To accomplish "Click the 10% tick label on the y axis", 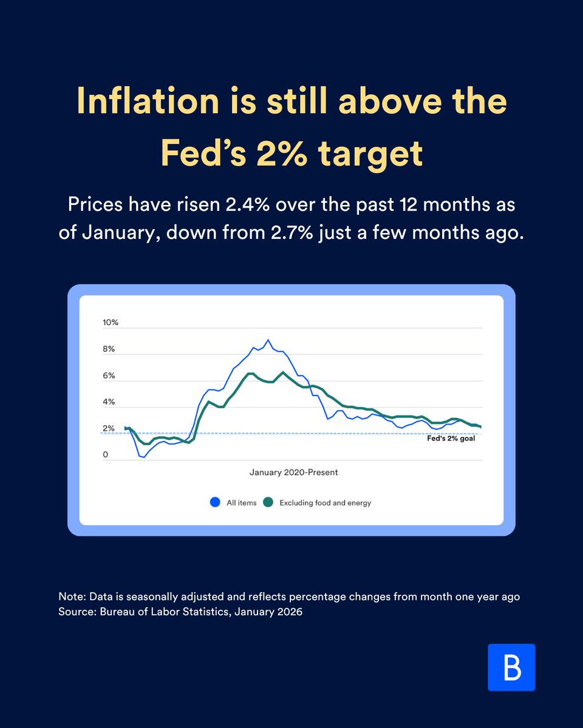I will tap(111, 322).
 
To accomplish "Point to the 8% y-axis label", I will tap(109, 349).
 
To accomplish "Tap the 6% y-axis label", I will tap(109, 376).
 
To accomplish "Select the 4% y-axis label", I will tap(109, 402).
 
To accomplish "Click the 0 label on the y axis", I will tap(106, 455).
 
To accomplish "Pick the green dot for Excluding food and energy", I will tap(268, 502).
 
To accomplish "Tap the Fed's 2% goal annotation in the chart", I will tap(452, 439).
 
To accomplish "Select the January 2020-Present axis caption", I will tap(293, 471).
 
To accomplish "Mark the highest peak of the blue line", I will tap(268, 340).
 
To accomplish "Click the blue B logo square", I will tap(511, 667).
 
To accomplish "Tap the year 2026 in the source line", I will tap(290, 612).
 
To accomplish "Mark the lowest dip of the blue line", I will tap(144, 457).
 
